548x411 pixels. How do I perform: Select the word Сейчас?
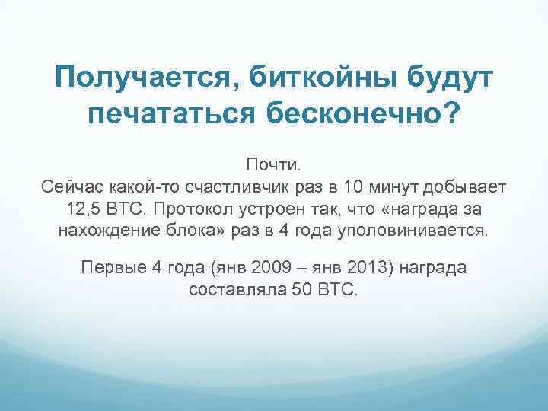[x=65, y=186]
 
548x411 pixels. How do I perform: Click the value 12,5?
[x=82, y=208]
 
